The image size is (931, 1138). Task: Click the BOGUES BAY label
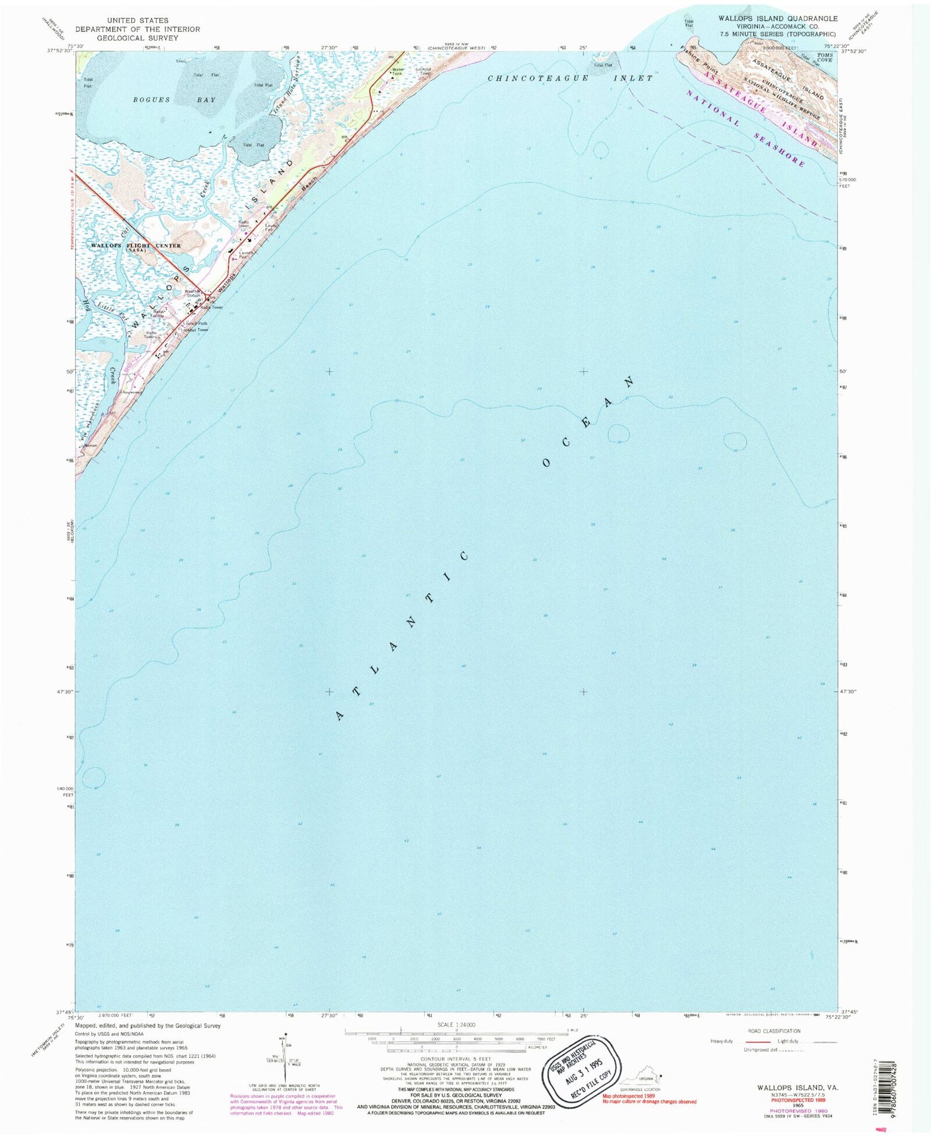click(174, 100)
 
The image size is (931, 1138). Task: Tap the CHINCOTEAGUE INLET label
click(570, 78)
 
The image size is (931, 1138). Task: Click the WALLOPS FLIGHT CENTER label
click(136, 246)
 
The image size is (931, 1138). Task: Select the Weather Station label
click(193, 293)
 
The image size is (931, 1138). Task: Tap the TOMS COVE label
click(825, 58)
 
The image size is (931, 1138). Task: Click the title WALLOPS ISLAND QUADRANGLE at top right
click(778, 19)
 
